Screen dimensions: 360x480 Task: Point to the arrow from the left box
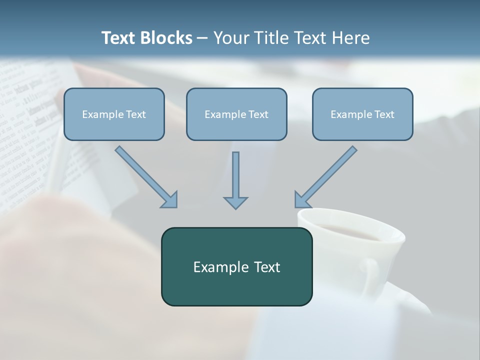[x=145, y=176]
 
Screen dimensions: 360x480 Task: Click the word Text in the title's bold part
[x=119, y=38]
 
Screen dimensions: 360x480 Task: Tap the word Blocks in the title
[x=166, y=38]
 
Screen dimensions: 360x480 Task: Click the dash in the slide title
[x=202, y=38]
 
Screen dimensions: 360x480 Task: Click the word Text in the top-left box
[x=135, y=114]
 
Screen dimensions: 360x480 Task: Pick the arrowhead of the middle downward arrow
[x=235, y=202]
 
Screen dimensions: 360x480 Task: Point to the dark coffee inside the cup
[x=350, y=231]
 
